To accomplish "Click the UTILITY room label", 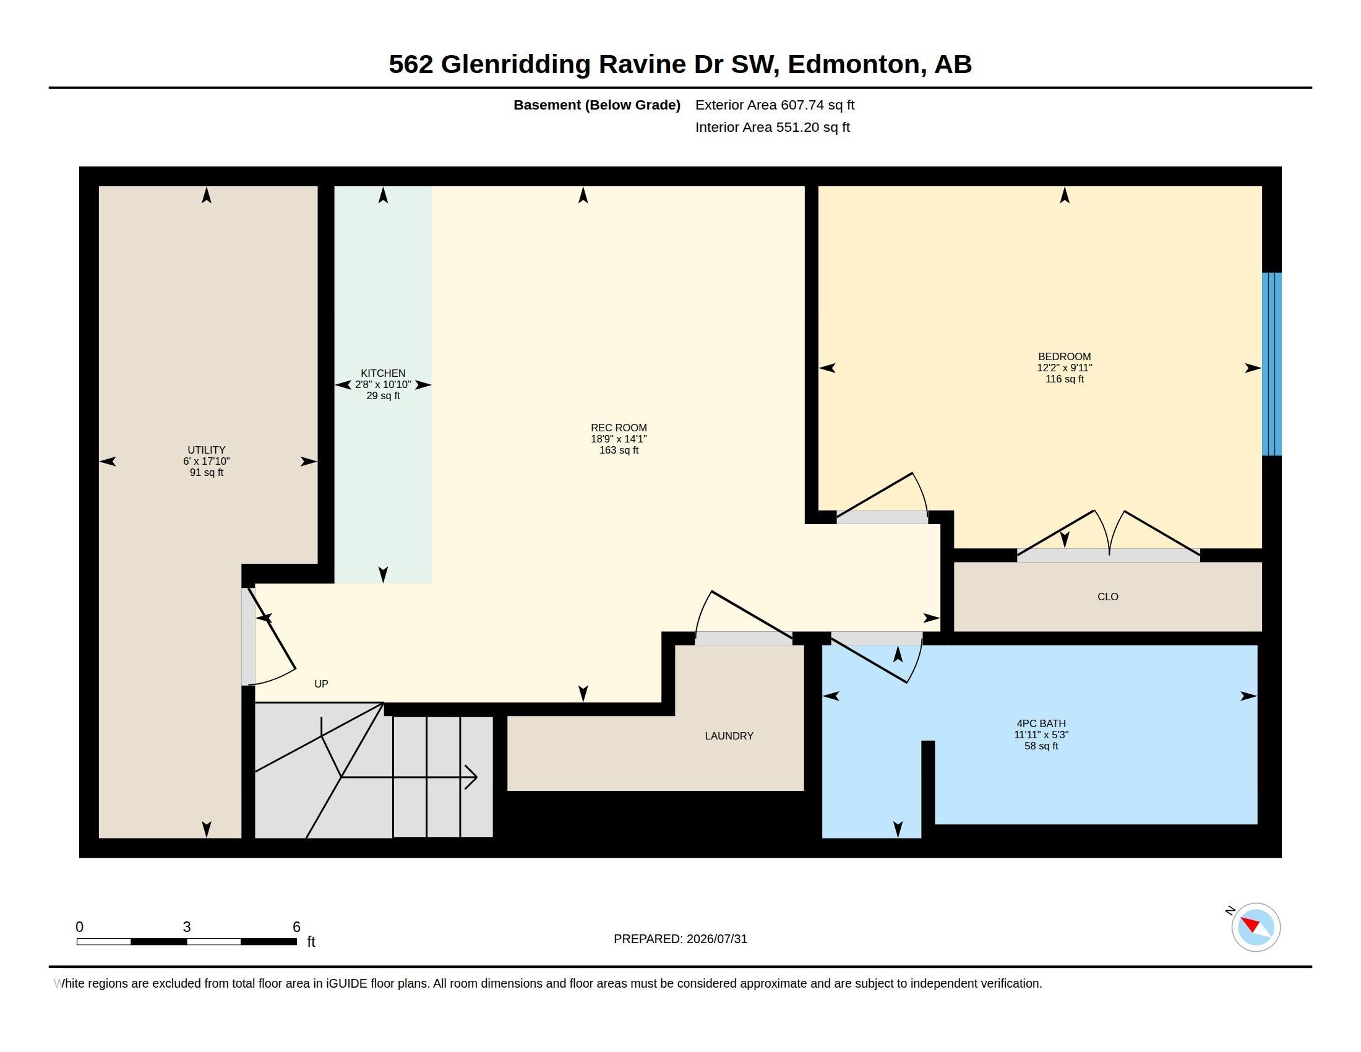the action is click(206, 450).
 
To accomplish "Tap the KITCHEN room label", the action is click(382, 373).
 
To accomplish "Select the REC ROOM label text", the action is click(619, 428).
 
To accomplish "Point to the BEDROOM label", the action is click(1065, 356).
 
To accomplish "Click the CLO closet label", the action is click(1107, 597).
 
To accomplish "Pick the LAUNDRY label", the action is click(729, 736).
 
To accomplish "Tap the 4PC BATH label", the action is click(1041, 723).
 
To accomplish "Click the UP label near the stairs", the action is click(321, 684).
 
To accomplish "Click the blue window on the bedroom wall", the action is click(1271, 364).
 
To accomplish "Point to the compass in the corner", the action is click(1255, 927).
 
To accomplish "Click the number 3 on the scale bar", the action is click(186, 927).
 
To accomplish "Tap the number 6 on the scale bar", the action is click(296, 927).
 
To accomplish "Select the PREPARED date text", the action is click(680, 939).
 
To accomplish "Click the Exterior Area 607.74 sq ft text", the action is click(775, 105).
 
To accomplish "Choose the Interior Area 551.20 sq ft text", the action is click(772, 127).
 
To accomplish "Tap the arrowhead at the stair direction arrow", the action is click(472, 777).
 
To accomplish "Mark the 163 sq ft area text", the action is click(619, 450).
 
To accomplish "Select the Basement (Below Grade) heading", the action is click(596, 105).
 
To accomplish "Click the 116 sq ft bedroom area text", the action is click(1065, 379).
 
